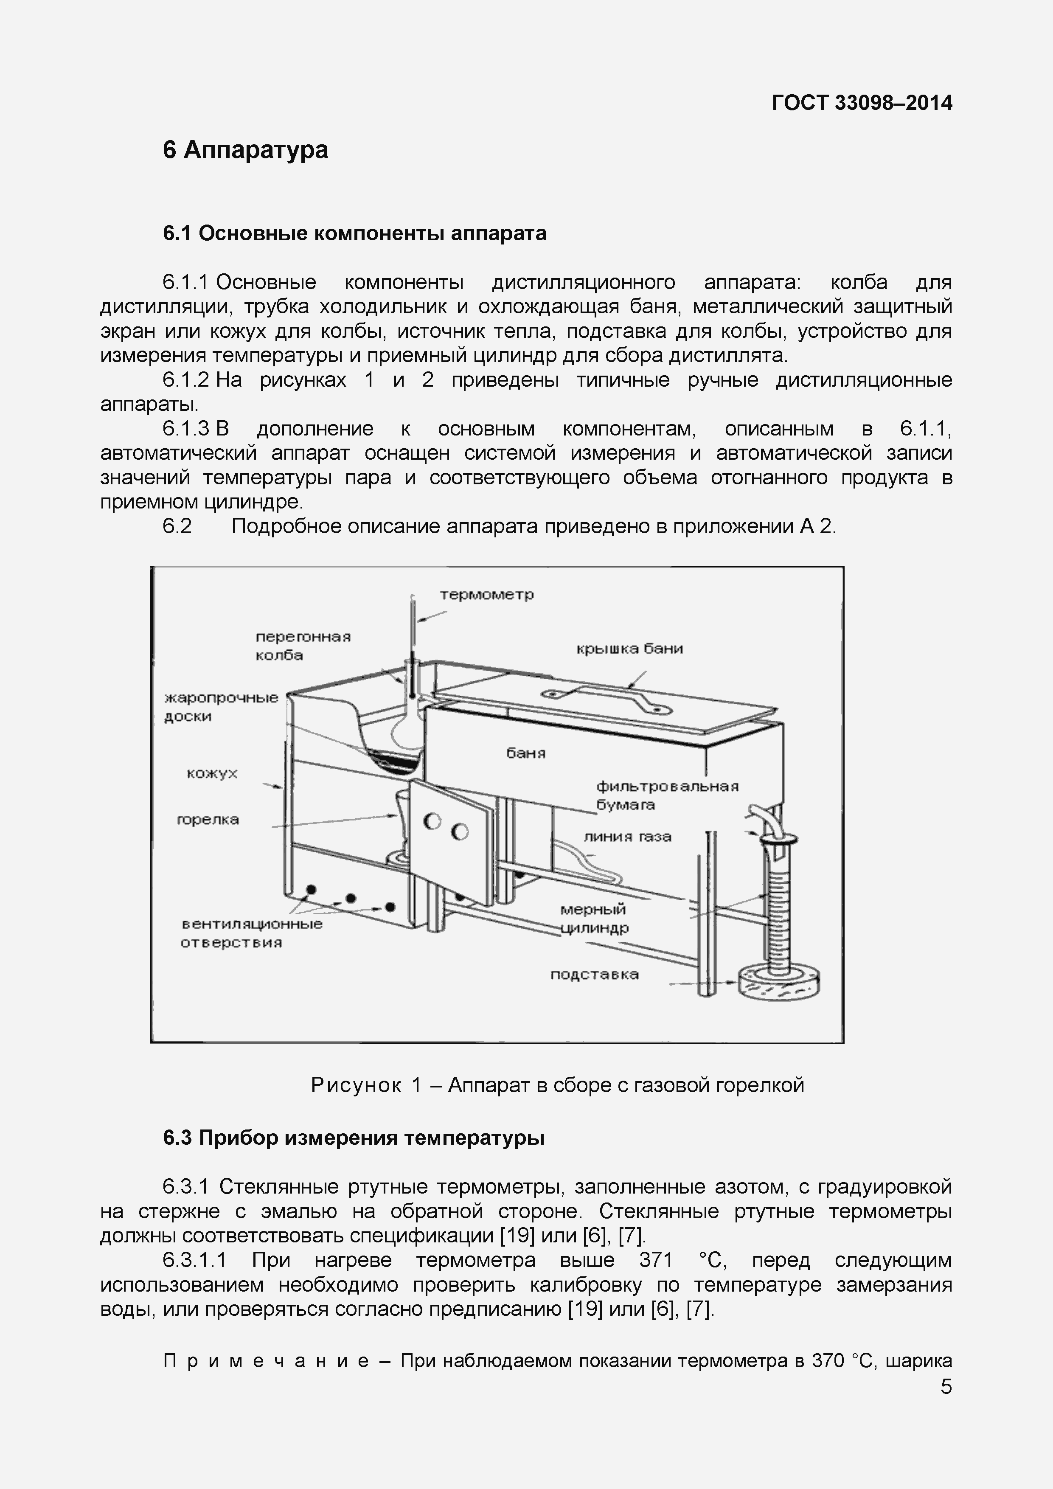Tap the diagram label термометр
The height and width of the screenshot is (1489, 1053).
[486, 594]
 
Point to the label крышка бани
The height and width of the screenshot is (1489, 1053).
[629, 649]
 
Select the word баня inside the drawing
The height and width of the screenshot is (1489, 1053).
[525, 753]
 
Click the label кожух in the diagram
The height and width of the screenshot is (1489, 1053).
[212, 773]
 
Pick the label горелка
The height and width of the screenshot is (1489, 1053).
[208, 820]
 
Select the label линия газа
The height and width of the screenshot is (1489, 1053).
[627, 837]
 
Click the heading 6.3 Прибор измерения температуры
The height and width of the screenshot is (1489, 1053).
[354, 1138]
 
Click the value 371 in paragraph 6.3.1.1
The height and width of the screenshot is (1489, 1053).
[656, 1260]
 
